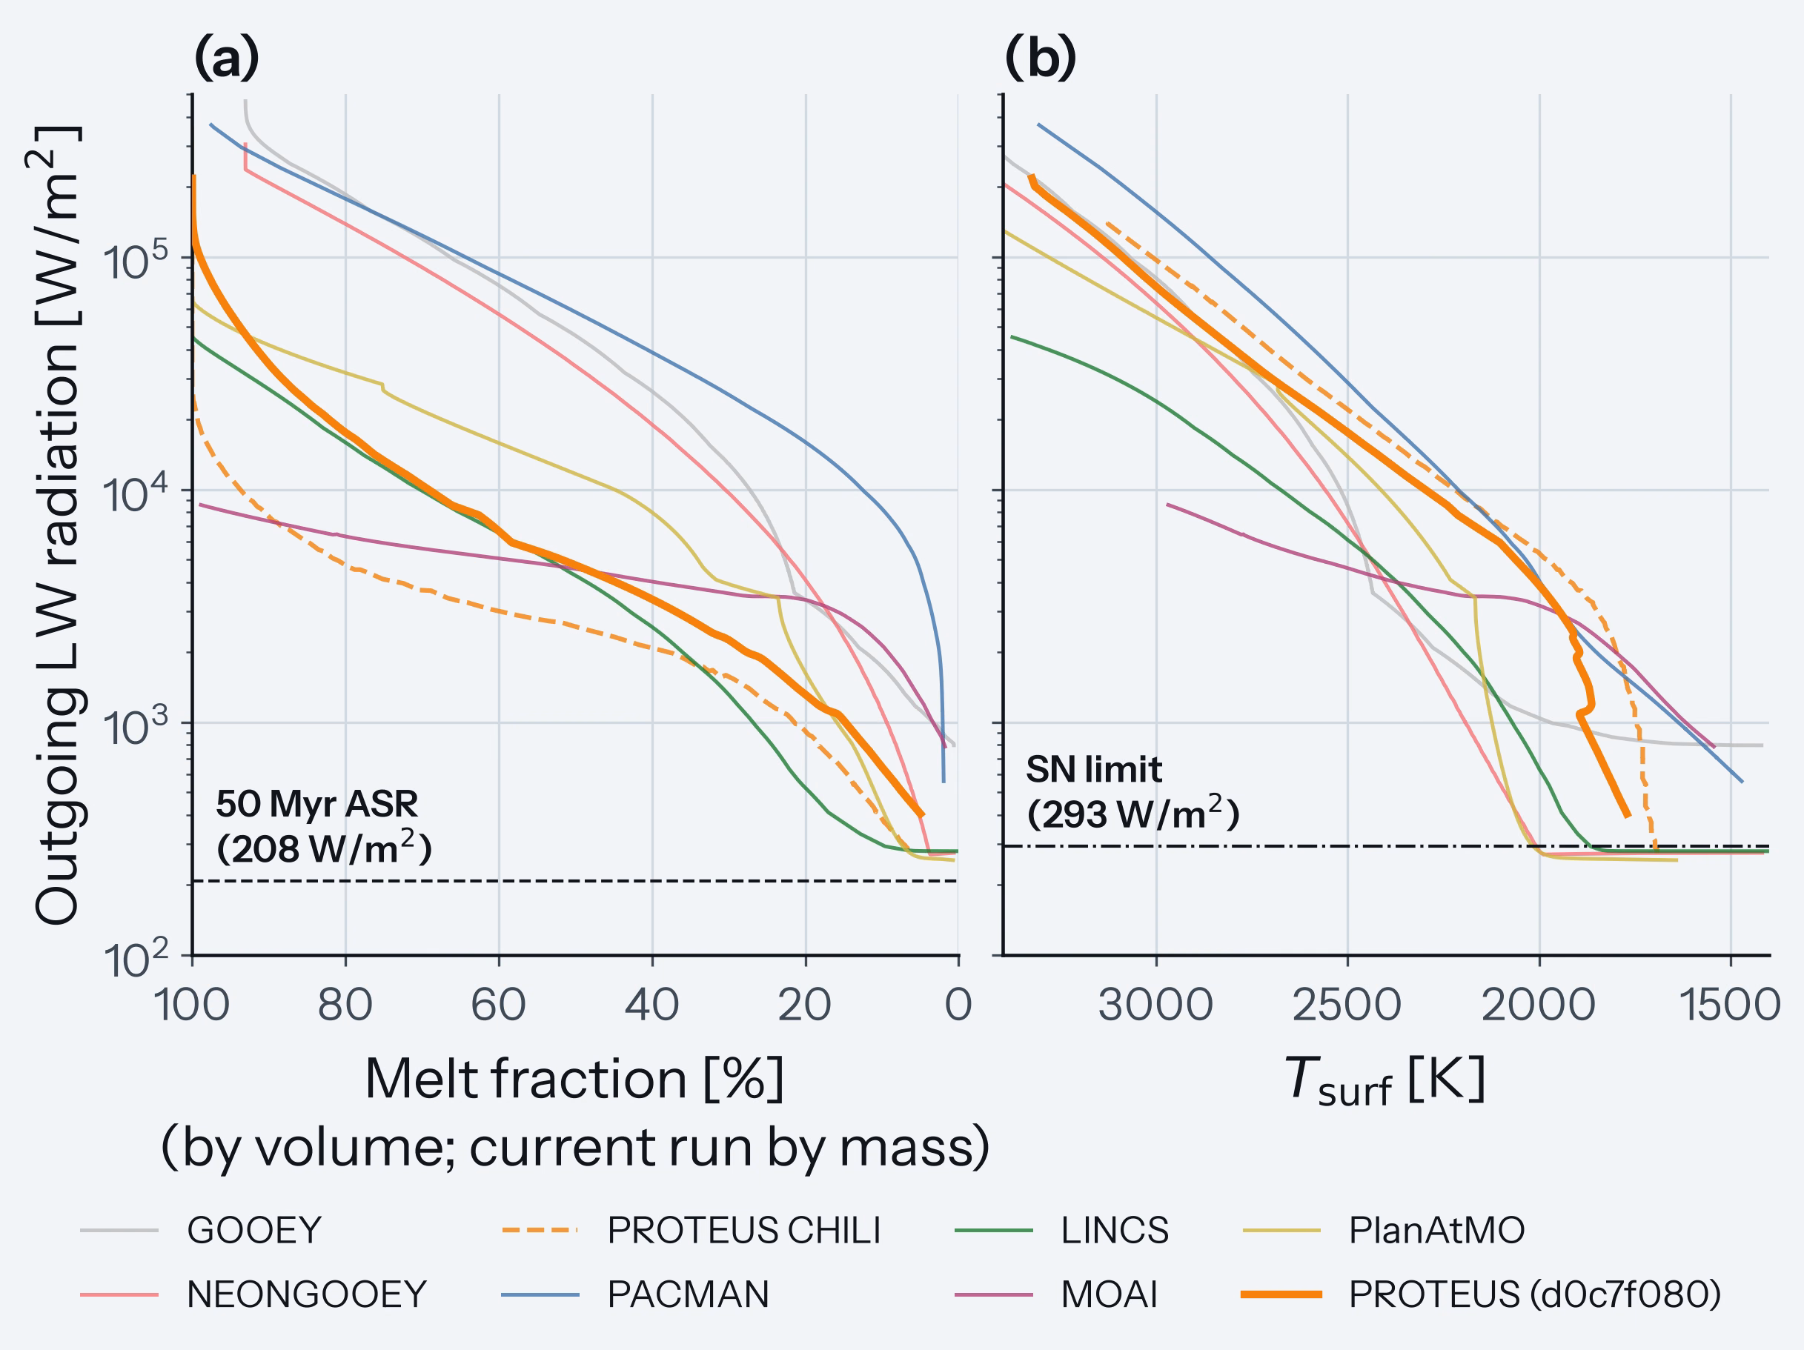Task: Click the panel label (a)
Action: (227, 59)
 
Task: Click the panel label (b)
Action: (1040, 59)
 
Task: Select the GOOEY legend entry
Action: (202, 1230)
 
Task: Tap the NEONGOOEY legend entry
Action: (253, 1294)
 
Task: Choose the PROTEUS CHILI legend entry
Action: (692, 1230)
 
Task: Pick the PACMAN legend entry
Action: (635, 1294)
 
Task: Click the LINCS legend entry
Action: (1062, 1230)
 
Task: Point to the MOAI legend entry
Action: (1056, 1294)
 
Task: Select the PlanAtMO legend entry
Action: (1383, 1230)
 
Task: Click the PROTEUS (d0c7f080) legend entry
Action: (1481, 1294)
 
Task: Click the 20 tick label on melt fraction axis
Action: (805, 1004)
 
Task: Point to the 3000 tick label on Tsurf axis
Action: (1155, 1004)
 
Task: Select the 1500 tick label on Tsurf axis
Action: (1730, 1004)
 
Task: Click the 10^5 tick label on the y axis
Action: (136, 259)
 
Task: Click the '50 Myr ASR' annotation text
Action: (317, 805)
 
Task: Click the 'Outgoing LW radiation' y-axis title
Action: (57, 526)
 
